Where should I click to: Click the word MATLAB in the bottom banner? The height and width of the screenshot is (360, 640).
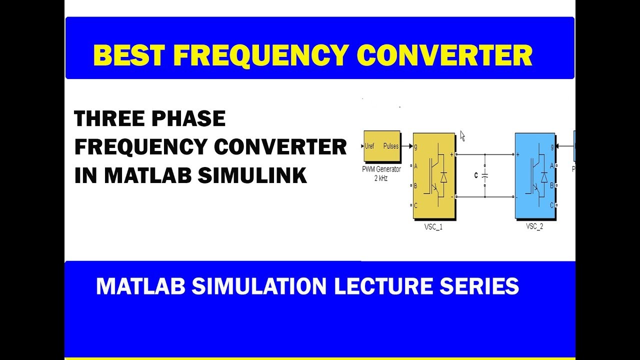click(140, 286)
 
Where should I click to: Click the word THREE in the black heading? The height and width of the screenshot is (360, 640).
click(106, 119)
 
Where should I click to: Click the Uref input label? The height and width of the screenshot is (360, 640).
click(370, 146)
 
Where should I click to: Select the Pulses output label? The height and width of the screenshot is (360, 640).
click(391, 146)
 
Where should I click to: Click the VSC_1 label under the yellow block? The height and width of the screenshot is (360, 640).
click(433, 227)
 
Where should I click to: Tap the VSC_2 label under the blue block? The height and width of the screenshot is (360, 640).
click(534, 226)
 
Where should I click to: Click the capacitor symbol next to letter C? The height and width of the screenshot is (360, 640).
click(484, 176)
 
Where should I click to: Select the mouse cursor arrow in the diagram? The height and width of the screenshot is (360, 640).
click(462, 136)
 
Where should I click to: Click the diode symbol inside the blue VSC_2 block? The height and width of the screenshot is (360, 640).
click(544, 176)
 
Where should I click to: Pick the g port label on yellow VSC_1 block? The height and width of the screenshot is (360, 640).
click(416, 146)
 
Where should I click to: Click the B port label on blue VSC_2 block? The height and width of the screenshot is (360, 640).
click(551, 185)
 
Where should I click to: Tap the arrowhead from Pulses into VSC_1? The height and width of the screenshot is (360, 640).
click(410, 146)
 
